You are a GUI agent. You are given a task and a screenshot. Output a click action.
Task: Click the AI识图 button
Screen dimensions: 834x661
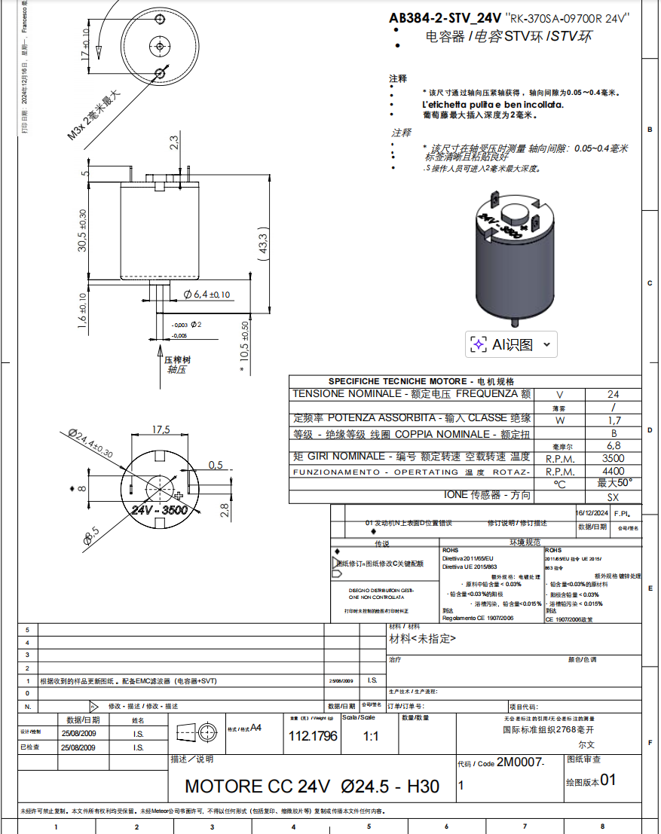tap(513, 344)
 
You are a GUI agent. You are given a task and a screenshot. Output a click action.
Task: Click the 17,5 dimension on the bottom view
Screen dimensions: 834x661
tap(161, 429)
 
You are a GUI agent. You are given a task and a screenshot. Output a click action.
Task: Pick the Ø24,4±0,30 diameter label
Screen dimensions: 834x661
tap(90, 444)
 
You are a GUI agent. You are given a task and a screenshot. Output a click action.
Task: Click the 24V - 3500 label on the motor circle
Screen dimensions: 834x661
tap(159, 510)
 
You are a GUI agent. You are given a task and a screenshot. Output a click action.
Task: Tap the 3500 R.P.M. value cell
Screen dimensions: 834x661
tap(613, 457)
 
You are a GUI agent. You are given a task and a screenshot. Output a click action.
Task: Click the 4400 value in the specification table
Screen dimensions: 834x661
tap(613, 471)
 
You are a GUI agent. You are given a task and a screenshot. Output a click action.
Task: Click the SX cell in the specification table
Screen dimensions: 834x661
tap(613, 497)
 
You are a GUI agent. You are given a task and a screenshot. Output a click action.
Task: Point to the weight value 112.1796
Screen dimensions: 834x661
tap(313, 736)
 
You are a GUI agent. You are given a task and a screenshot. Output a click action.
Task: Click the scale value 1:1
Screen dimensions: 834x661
tap(371, 736)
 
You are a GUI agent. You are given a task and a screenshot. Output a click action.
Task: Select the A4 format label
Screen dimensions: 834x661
tap(256, 728)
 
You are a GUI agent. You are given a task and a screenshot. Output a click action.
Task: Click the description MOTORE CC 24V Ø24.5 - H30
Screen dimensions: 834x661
tap(312, 787)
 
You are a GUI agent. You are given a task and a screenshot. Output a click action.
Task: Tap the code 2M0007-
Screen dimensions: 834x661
tap(520, 762)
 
